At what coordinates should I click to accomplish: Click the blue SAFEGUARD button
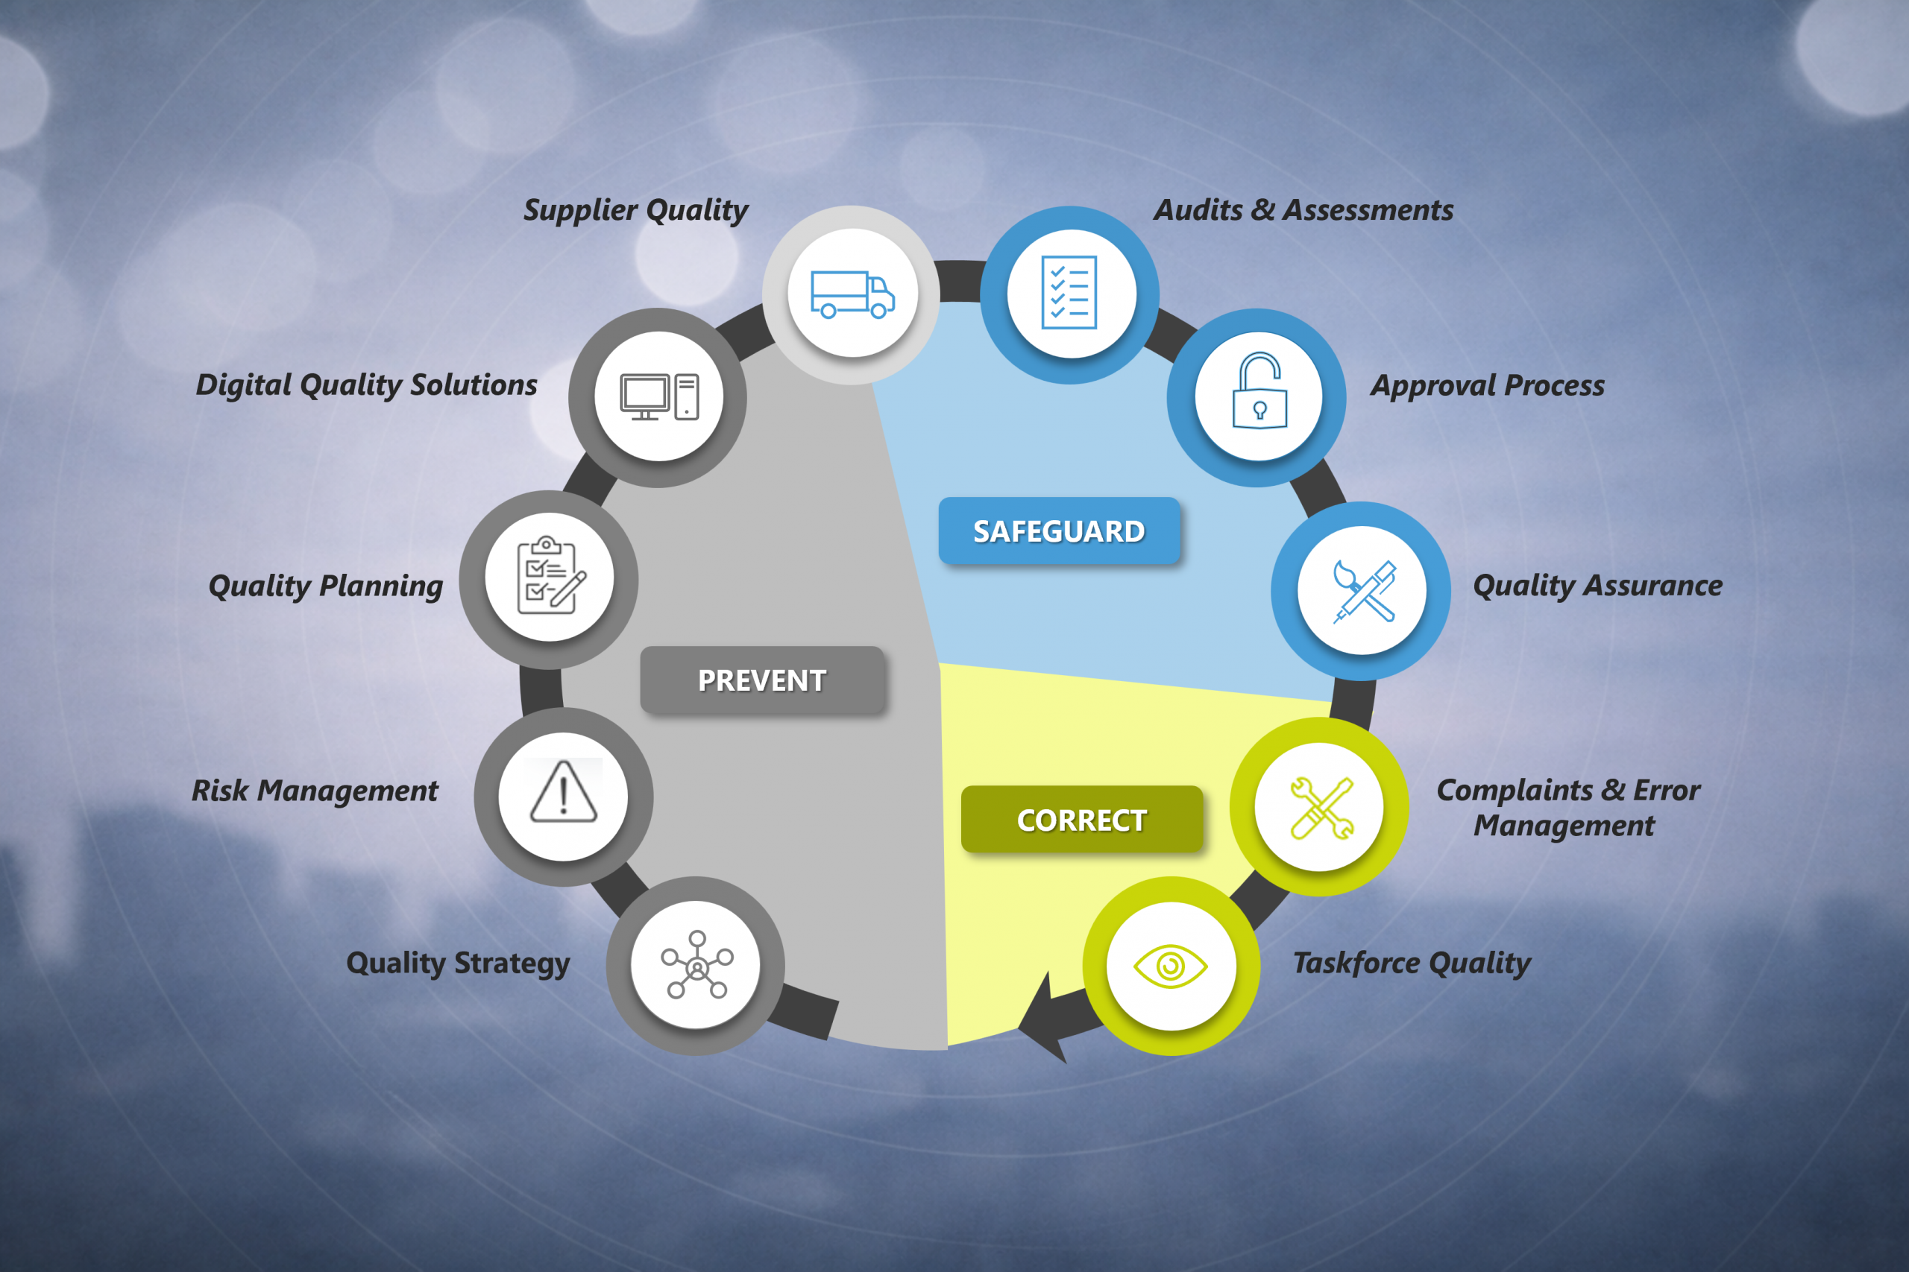coord(1058,531)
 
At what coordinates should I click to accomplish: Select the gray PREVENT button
coord(762,680)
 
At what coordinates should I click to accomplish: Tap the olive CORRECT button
coord(1081,820)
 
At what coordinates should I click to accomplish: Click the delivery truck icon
coord(852,294)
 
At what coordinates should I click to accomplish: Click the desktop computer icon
coord(659,396)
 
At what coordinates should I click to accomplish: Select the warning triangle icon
coord(563,792)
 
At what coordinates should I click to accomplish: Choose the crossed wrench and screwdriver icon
coord(1321,808)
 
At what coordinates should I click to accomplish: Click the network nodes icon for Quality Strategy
coord(696,964)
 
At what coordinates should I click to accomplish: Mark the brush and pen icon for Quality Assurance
coord(1364,592)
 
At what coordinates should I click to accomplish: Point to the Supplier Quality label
coord(635,210)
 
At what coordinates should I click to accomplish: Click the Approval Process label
coord(1488,385)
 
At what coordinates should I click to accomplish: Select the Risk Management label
coord(315,791)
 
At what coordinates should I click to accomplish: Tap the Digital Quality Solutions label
coord(367,385)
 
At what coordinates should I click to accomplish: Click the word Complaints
coord(1515,791)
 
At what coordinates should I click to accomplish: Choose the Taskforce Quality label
coord(1412,963)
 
